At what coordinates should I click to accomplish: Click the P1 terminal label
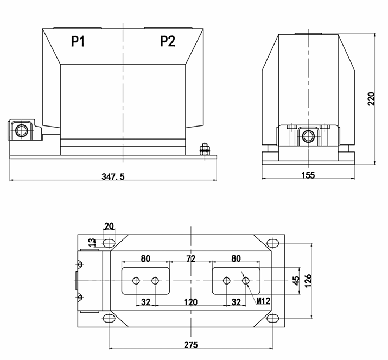[78, 42]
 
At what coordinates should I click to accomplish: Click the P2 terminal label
[168, 42]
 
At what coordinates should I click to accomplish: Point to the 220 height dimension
[371, 98]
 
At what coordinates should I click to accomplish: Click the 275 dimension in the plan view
[190, 344]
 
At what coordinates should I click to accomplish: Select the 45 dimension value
[295, 280]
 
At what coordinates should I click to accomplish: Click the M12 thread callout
[263, 301]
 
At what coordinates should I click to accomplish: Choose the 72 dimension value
[190, 259]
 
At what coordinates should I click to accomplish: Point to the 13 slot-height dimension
[92, 242]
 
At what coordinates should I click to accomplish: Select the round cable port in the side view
[309, 135]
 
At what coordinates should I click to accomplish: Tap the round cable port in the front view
[22, 131]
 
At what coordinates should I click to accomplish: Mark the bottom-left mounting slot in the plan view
[109, 319]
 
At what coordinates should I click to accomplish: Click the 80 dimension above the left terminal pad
[145, 259]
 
